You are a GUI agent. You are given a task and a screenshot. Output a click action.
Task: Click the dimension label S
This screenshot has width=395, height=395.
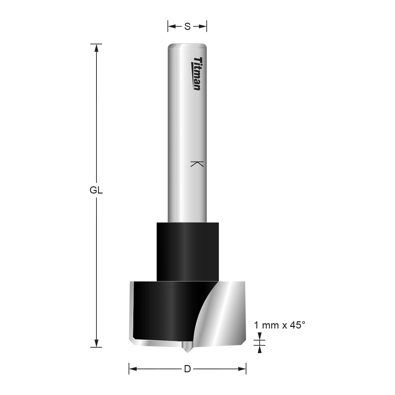tap(187, 26)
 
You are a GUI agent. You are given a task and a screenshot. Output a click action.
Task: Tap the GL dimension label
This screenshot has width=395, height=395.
tap(96, 191)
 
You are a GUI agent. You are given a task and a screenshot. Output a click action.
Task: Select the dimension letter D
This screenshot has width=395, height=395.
tap(187, 369)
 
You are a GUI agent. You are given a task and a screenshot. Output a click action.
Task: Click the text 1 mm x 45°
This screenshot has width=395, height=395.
tap(279, 325)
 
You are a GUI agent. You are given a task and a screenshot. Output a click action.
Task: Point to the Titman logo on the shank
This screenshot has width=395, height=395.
tap(197, 74)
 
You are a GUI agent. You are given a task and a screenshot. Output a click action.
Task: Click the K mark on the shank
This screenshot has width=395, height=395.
tap(197, 164)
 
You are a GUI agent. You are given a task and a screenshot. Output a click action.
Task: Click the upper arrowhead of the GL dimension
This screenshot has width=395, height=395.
tap(96, 48)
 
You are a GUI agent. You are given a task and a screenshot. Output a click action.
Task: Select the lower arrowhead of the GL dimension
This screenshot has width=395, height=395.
tap(96, 343)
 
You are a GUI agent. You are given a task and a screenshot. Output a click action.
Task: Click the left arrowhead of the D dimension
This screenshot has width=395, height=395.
tap(133, 369)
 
